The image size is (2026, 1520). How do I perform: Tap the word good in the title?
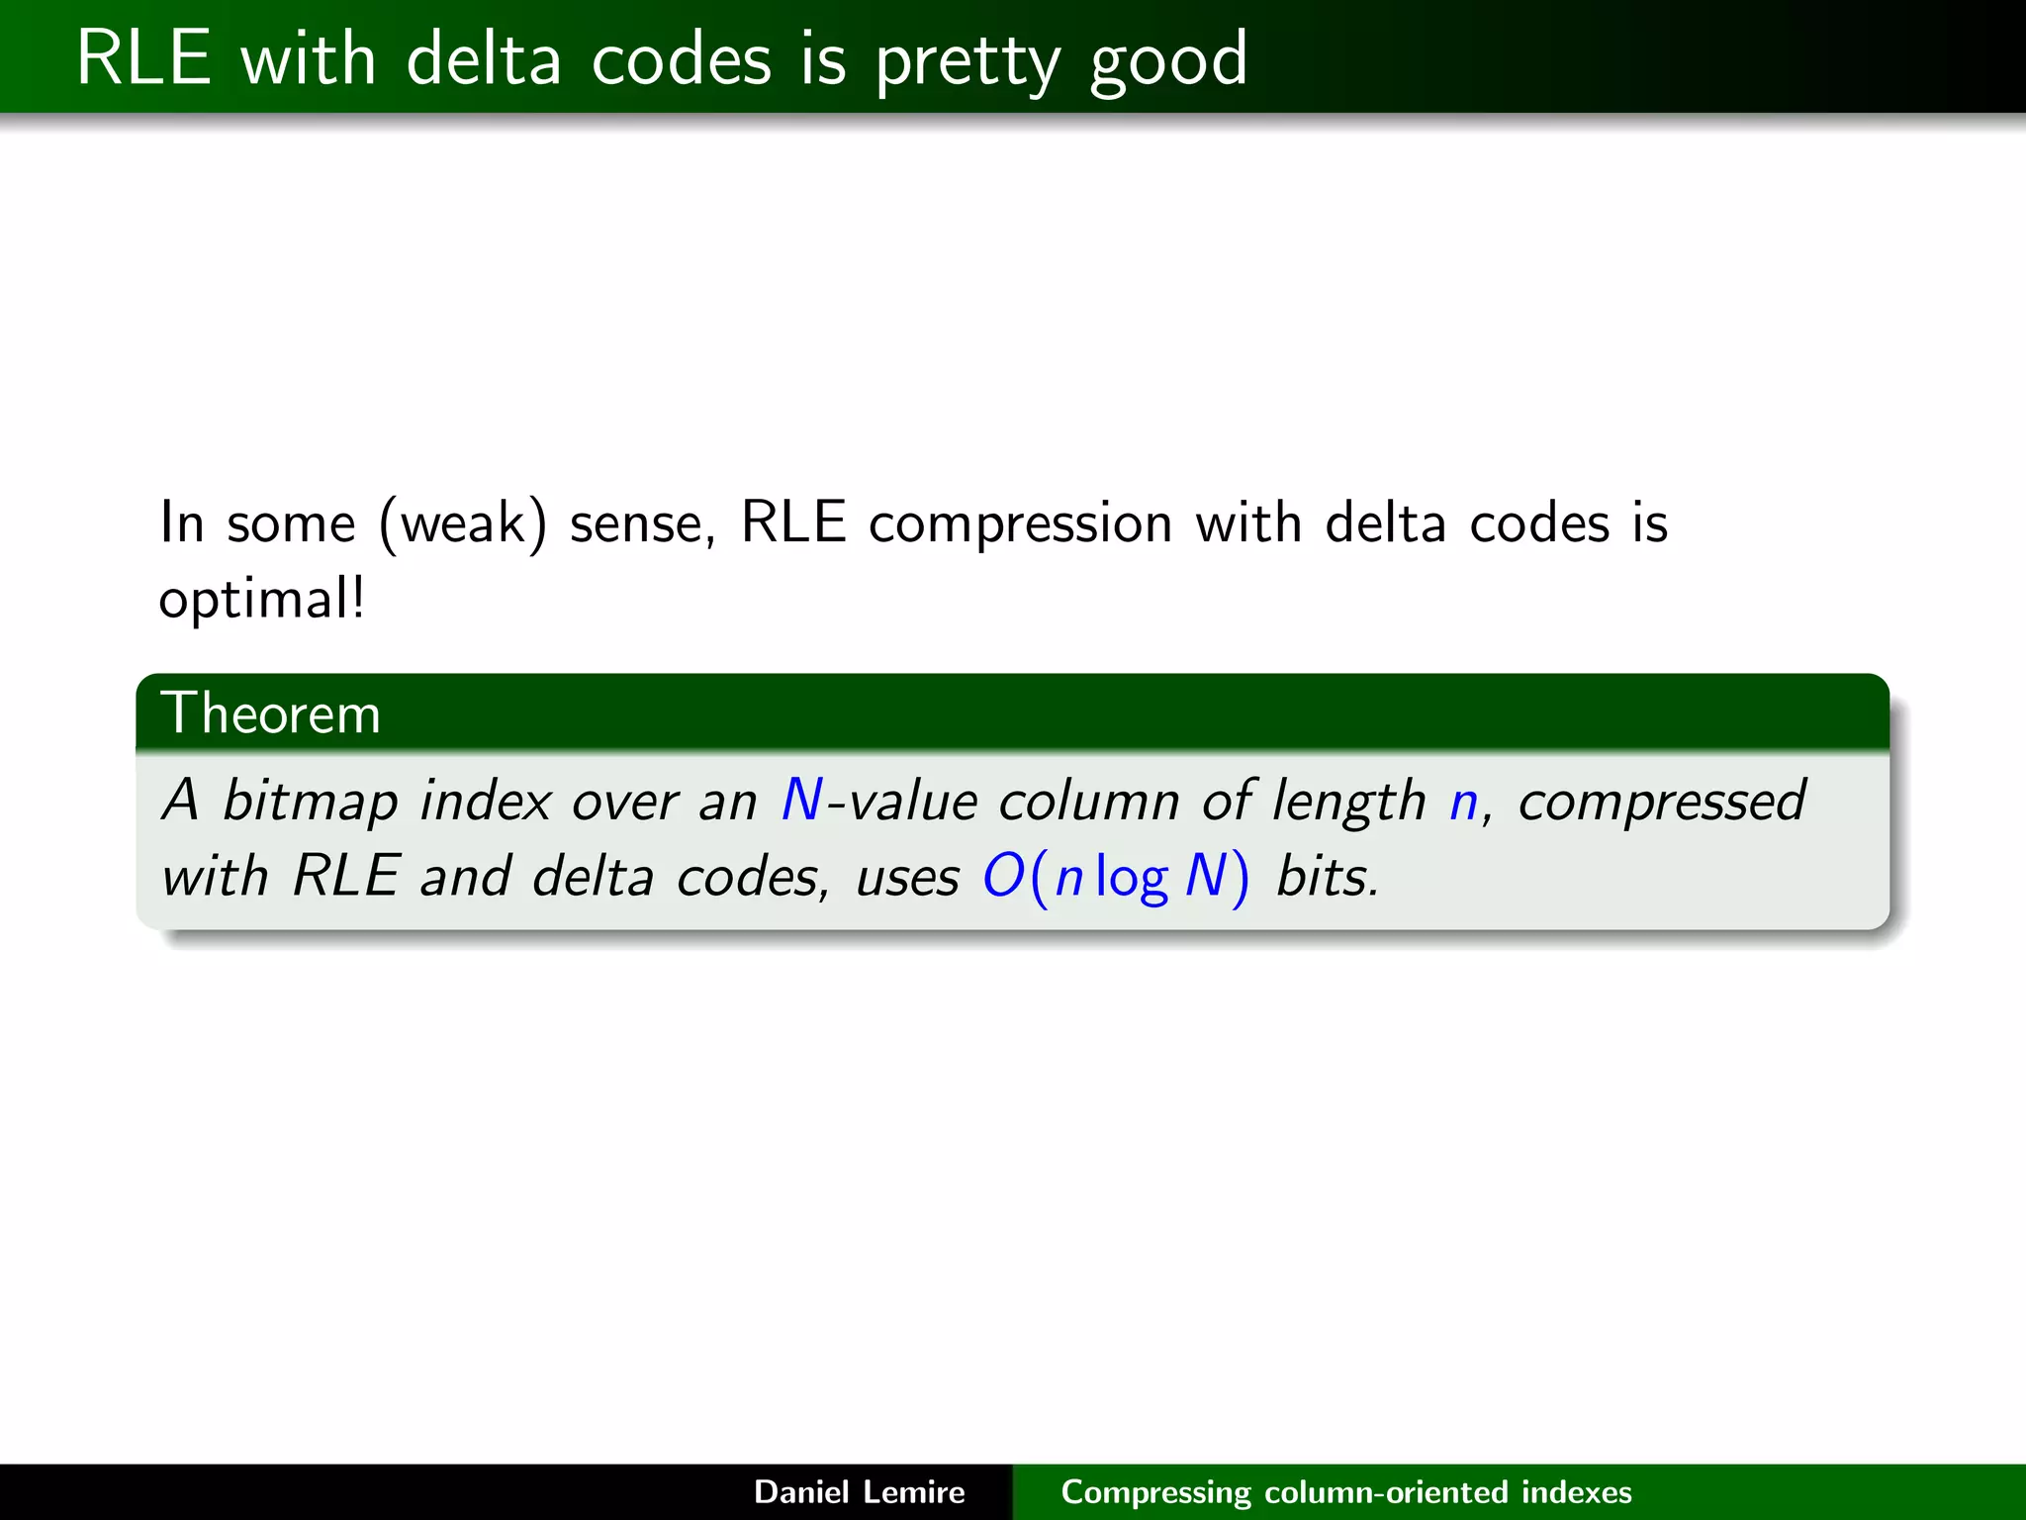[1168, 61]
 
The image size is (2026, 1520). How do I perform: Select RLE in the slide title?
[143, 58]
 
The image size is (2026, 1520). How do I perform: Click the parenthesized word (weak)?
[462, 523]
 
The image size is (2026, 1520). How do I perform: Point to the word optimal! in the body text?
[262, 600]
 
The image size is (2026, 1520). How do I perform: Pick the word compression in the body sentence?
[1020, 523]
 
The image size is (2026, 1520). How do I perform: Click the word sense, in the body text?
[642, 523]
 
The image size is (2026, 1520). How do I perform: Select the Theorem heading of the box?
[270, 712]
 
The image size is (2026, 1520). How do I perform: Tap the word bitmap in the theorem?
[310, 801]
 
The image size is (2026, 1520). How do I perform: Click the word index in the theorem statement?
[485, 801]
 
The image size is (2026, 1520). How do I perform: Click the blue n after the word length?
[1463, 802]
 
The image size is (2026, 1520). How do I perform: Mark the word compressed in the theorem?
[1662, 801]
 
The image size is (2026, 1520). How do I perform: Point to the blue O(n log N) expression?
[1115, 877]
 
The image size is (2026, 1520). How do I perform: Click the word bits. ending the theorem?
[1327, 877]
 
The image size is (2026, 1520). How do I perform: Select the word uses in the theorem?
[907, 877]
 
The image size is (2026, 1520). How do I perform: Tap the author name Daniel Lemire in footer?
[859, 1491]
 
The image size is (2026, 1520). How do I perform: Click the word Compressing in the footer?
[1155, 1492]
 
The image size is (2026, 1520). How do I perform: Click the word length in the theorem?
[1348, 801]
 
